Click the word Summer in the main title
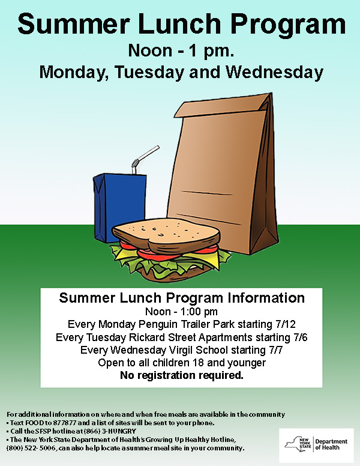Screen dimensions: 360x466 (74, 24)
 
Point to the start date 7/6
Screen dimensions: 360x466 (300, 337)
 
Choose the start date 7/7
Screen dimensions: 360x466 (275, 350)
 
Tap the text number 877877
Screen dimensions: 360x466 (64, 423)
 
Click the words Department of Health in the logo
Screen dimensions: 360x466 (331, 444)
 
